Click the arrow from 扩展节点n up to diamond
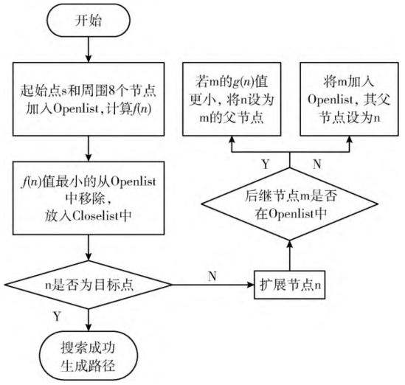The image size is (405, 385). click(289, 254)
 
